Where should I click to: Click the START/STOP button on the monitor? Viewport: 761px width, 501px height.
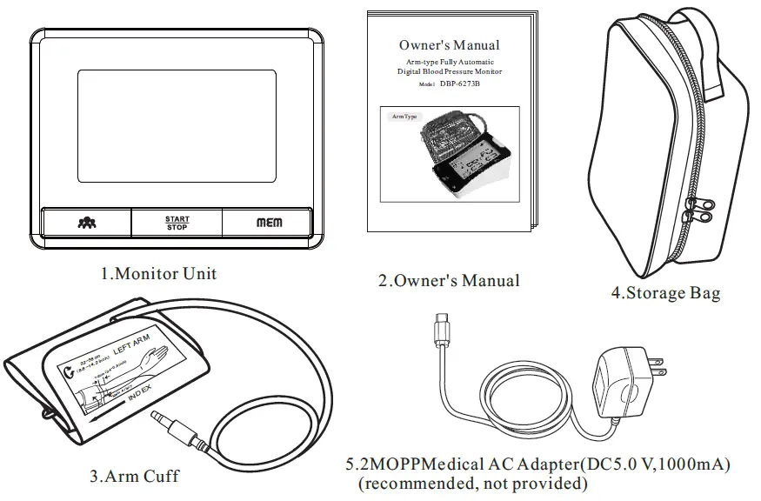tap(177, 222)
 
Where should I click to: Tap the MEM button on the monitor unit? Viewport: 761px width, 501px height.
tap(269, 223)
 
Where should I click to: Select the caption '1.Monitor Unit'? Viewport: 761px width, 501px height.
tap(157, 273)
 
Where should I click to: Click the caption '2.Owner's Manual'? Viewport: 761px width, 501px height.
tap(449, 281)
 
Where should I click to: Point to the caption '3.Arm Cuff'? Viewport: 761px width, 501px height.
tap(135, 476)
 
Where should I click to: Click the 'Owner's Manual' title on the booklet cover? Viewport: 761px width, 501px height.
tap(449, 44)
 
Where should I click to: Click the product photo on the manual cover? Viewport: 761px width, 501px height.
tap(451, 153)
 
